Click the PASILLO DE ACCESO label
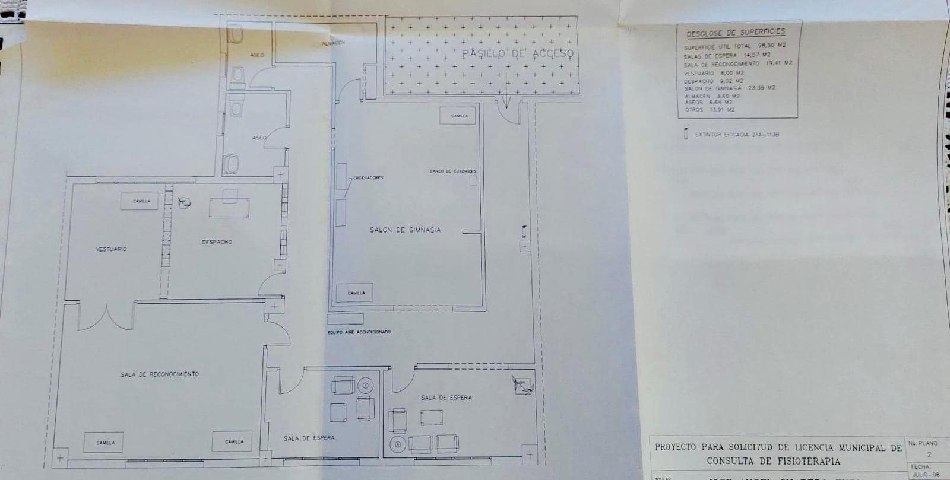tap(518, 54)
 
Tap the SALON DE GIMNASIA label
tap(406, 230)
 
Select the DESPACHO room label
tap(217, 242)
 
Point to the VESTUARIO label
tap(111, 249)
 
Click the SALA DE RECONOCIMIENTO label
tap(160, 374)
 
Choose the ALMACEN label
tap(333, 43)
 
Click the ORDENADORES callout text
tap(368, 177)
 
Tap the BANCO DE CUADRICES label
tap(452, 171)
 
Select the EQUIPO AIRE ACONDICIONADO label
tap(359, 332)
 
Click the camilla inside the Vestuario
tap(141, 201)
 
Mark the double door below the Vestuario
tap(107, 317)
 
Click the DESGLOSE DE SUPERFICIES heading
tap(736, 33)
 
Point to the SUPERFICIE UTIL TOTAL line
tap(734, 46)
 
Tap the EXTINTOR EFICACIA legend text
tap(736, 135)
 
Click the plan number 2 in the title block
tap(929, 454)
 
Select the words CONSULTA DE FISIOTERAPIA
tap(773, 461)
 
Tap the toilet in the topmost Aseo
tap(237, 37)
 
